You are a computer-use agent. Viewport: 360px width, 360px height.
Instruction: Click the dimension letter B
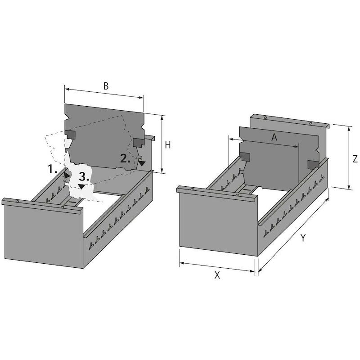click(x=106, y=86)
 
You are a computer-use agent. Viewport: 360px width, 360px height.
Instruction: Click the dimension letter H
click(x=168, y=145)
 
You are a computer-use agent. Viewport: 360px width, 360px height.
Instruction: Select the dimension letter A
click(x=274, y=137)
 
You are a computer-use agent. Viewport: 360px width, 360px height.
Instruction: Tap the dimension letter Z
click(x=355, y=159)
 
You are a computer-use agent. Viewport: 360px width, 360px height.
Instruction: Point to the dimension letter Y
click(x=303, y=238)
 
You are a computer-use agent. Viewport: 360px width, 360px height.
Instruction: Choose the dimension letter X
click(x=217, y=275)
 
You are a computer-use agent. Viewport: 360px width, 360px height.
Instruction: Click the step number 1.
click(x=52, y=169)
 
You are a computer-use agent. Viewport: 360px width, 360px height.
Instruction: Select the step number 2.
click(x=125, y=158)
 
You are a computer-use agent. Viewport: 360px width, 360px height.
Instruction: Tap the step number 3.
click(x=84, y=177)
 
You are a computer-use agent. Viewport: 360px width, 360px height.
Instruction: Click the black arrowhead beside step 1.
click(x=67, y=175)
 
